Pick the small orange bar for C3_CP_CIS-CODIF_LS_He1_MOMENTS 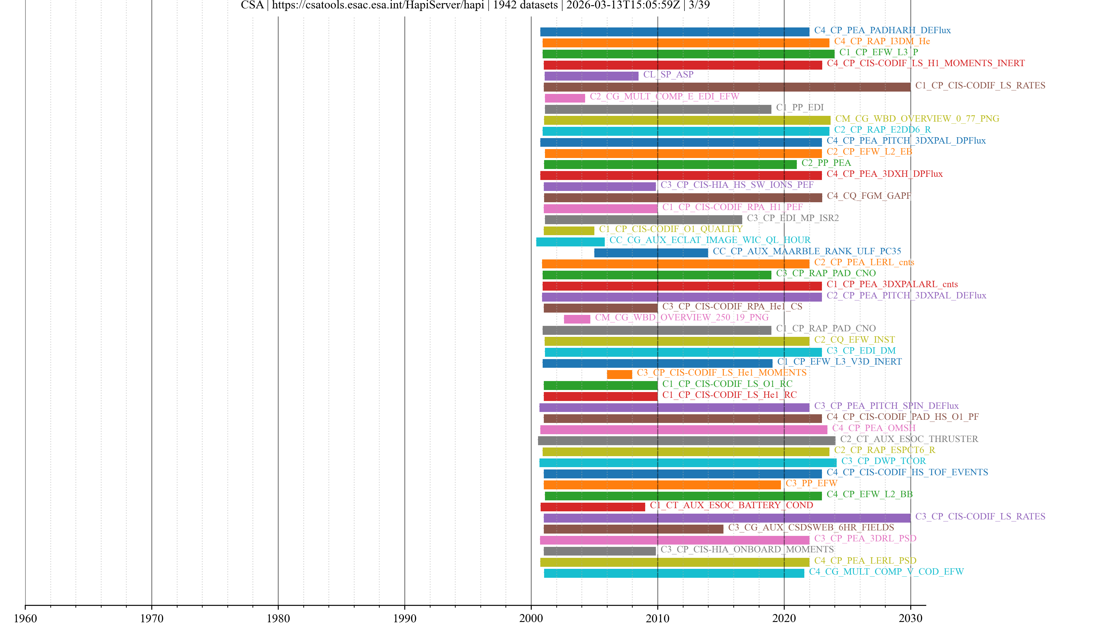click(619, 374)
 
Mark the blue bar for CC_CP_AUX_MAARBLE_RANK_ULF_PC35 click(651, 253)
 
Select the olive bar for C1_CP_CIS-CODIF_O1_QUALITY click(569, 231)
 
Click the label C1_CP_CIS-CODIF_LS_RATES click(980, 85)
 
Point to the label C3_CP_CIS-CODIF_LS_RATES click(980, 516)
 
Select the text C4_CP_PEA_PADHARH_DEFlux click(882, 30)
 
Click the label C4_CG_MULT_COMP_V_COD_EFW click(886, 571)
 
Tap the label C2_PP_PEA click(826, 163)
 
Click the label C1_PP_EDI click(799, 107)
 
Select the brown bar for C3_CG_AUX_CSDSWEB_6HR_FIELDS click(633, 529)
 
